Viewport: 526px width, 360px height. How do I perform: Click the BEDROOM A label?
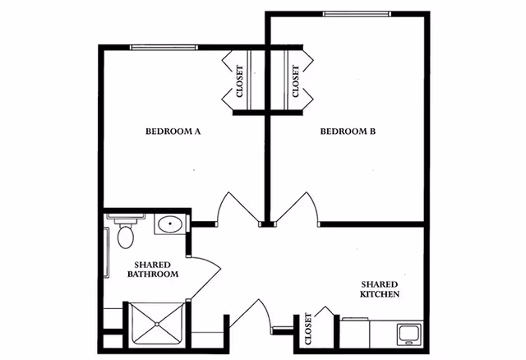[173, 131]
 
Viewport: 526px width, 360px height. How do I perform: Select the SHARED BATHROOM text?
[153, 269]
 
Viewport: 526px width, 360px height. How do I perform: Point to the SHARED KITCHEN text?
[381, 288]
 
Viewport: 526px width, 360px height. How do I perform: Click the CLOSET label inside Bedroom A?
[239, 81]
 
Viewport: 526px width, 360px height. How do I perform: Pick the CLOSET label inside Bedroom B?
[295, 81]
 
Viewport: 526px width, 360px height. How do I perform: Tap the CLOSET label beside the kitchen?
[308, 329]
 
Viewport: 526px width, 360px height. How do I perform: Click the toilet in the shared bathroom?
[125, 236]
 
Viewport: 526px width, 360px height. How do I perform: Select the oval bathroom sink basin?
[170, 224]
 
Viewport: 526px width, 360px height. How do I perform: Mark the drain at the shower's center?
[155, 326]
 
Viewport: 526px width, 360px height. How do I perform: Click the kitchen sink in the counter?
[408, 334]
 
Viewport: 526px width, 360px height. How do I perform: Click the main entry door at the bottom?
[254, 316]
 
